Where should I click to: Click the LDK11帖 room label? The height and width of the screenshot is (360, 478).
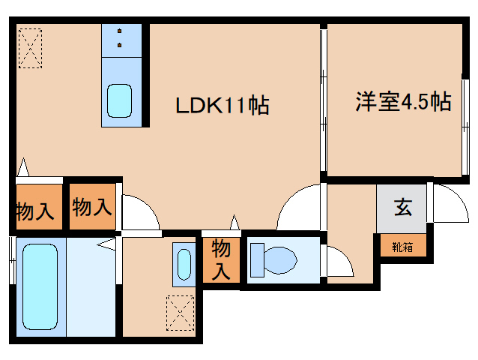(223, 106)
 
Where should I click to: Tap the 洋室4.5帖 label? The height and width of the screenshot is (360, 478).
(402, 102)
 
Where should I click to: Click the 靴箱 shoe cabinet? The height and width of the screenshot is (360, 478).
(402, 245)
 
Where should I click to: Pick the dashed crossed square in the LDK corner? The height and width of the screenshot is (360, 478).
(31, 48)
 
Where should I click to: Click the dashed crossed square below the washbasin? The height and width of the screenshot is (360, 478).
(181, 312)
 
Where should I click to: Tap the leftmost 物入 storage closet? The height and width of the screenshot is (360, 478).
(35, 211)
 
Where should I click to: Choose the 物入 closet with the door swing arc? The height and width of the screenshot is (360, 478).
(91, 205)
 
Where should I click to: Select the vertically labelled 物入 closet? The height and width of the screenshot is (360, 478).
(221, 259)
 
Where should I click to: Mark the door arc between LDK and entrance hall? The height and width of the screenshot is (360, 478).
(300, 206)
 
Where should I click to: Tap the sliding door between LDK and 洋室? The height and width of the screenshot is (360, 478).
(324, 101)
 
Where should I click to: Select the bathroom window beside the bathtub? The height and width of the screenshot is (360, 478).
(11, 259)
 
